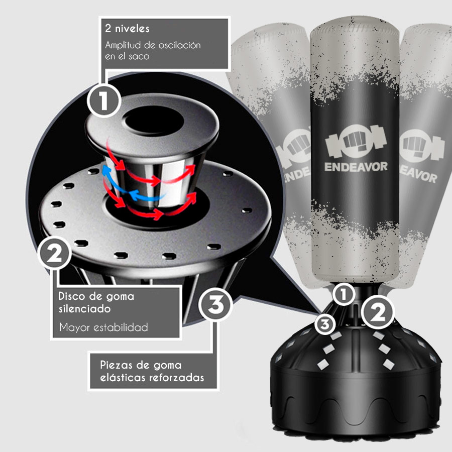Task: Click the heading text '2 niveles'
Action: coord(127,29)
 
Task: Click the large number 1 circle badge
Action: coord(104,100)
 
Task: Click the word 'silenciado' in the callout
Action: coord(85,309)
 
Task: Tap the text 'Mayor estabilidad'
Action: coord(103,327)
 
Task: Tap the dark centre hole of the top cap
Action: coord(154,121)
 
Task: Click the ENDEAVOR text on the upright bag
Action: coord(356,167)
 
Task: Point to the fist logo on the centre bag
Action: coord(356,141)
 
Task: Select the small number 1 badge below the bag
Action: coord(343,295)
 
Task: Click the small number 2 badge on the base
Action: coord(378,312)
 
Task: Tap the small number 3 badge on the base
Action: coord(325,324)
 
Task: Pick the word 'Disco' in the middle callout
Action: coord(71,296)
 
